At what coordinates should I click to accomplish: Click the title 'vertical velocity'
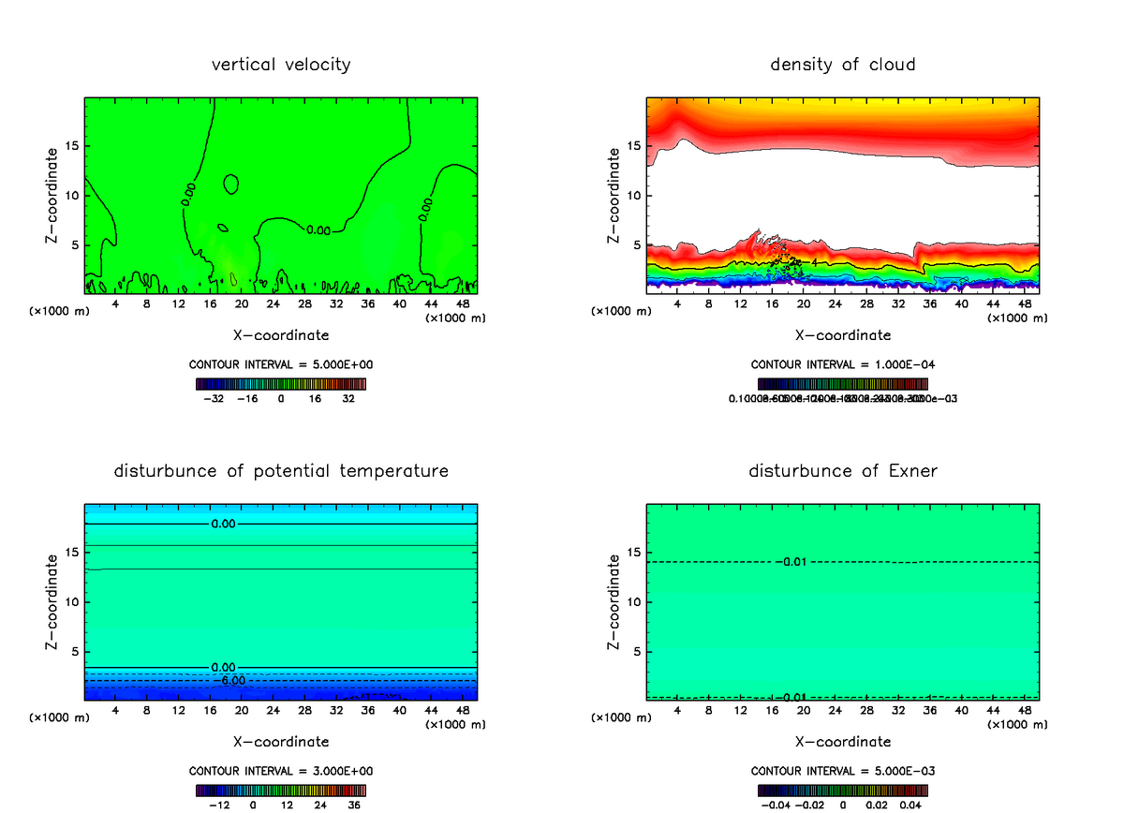click(x=281, y=65)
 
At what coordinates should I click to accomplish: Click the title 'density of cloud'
click(x=843, y=65)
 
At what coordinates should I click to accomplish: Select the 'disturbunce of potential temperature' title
click(x=281, y=470)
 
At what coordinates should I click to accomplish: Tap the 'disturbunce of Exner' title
click(x=843, y=470)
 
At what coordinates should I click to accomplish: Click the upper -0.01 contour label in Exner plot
click(x=792, y=562)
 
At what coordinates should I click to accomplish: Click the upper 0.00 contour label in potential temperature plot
click(x=223, y=524)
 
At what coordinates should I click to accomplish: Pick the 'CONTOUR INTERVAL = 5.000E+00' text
click(x=281, y=364)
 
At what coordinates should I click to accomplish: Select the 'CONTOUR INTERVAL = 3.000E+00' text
click(x=281, y=771)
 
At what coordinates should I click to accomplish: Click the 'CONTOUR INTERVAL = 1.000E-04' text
click(x=843, y=364)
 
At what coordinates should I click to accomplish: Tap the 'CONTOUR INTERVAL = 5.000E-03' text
click(x=843, y=771)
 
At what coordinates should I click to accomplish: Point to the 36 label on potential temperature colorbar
click(x=355, y=804)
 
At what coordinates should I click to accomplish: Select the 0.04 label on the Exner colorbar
click(x=912, y=804)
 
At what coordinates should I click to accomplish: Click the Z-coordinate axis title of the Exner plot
click(x=614, y=601)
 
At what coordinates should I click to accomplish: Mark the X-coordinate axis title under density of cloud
click(x=843, y=334)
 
